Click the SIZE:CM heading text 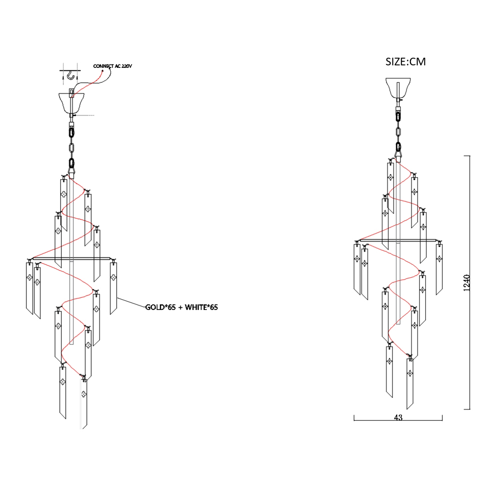point(405,62)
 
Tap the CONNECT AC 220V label point(112,66)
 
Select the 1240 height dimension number point(467,283)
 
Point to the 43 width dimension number point(398,418)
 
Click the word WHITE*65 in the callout point(201,307)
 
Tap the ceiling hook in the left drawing point(71,75)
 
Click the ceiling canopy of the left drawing point(71,103)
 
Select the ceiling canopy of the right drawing point(398,88)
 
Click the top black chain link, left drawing point(71,133)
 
